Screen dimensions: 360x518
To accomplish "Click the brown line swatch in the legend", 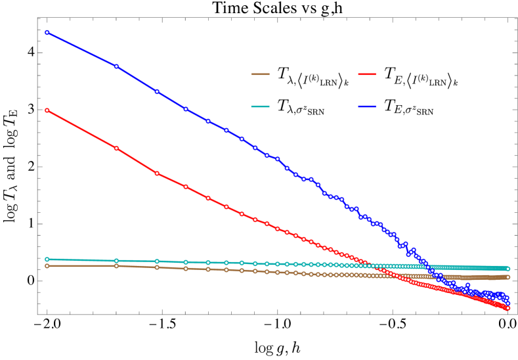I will pos(260,74).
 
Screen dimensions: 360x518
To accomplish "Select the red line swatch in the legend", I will pos(367,74).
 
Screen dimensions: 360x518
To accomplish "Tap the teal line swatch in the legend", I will pos(260,106).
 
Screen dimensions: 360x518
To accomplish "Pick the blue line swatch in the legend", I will pos(367,106).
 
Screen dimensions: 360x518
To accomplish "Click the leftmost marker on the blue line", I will pos(47,32).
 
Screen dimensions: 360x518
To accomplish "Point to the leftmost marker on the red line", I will pos(47,110).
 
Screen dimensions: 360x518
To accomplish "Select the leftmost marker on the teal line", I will pos(47,259).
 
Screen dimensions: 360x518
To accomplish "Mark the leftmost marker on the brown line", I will pos(47,266).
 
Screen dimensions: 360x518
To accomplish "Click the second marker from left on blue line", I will pos(116,66).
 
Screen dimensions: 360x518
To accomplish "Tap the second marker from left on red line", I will pos(116,148).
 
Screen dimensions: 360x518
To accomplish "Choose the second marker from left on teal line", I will pos(116,261).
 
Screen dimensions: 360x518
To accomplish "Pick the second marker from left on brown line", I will pos(116,266).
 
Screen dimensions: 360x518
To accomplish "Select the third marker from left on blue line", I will pos(157,91).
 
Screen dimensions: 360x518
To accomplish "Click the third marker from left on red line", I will pos(157,173).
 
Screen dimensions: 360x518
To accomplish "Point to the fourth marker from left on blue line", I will pos(186,109).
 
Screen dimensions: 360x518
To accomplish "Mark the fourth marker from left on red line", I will pos(186,187).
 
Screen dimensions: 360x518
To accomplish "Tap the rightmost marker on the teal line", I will pos(507,269).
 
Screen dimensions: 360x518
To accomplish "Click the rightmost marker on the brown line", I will pos(507,277).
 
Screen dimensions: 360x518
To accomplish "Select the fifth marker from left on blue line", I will pos(208,121).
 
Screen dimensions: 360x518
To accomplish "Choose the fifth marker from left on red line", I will pos(208,198).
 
